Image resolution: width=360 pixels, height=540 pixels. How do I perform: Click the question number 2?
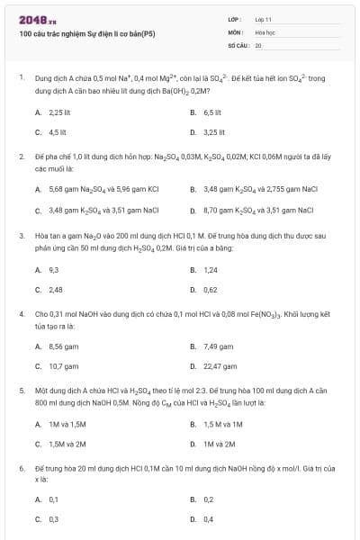(x=21, y=157)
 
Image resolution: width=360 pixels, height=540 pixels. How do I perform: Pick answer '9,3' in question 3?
(x=54, y=269)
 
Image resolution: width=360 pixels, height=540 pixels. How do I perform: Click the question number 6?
(x=21, y=469)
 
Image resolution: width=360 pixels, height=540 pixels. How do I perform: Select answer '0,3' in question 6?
(x=54, y=519)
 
